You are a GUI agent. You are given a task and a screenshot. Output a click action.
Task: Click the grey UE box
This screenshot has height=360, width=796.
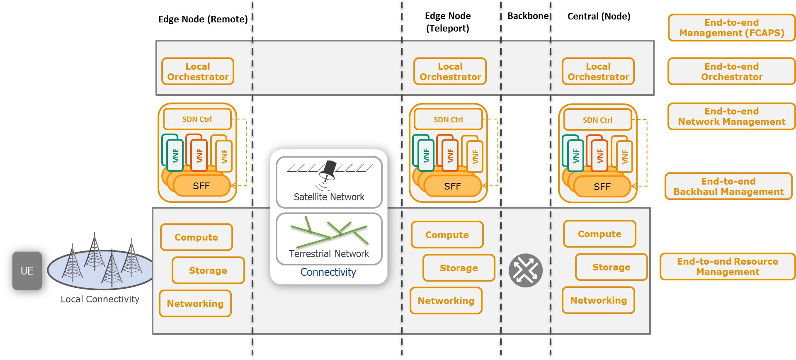click(x=27, y=270)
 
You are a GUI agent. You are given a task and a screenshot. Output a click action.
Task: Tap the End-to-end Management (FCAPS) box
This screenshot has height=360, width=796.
click(x=731, y=28)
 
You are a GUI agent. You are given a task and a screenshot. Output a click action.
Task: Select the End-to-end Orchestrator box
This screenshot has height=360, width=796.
click(x=731, y=71)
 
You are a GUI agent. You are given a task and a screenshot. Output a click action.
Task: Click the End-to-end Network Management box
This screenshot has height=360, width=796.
click(x=731, y=117)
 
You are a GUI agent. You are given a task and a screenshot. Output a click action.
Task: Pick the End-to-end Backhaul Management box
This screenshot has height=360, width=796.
click(x=728, y=186)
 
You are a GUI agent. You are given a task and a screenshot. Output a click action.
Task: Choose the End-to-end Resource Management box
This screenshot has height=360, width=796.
click(x=728, y=267)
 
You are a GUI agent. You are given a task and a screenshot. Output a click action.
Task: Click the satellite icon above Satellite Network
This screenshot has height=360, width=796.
click(x=329, y=171)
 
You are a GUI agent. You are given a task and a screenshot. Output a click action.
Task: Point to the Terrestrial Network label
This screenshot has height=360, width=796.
click(x=329, y=254)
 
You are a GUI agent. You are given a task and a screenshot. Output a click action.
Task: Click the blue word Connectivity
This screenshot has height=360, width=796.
click(x=328, y=272)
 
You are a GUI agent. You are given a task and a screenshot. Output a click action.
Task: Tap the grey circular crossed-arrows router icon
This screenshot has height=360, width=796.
click(x=526, y=270)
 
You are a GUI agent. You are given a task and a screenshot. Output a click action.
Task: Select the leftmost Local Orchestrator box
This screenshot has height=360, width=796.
click(x=198, y=71)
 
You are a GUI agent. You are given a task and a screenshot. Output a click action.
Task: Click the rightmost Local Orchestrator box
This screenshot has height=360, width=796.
click(x=598, y=71)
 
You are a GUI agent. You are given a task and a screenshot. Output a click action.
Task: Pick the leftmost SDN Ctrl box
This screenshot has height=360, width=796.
click(x=197, y=119)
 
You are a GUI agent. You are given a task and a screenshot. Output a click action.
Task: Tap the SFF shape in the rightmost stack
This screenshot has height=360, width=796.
click(x=602, y=187)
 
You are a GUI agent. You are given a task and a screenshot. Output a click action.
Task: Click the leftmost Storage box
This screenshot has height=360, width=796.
click(x=208, y=270)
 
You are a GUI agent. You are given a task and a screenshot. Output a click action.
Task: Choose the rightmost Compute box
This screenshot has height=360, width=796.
click(x=599, y=234)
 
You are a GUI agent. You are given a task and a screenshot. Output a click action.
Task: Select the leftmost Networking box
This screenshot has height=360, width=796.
click(x=195, y=304)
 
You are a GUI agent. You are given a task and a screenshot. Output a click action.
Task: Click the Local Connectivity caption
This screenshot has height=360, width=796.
click(x=100, y=299)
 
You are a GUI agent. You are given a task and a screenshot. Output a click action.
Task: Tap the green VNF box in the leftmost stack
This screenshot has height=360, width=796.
click(x=175, y=156)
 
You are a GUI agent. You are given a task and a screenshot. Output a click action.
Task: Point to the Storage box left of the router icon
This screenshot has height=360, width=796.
click(x=459, y=268)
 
